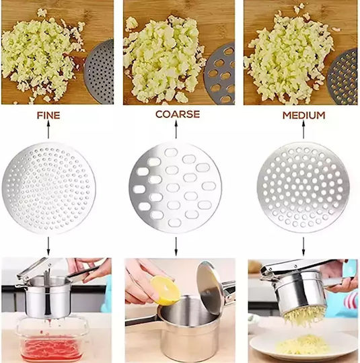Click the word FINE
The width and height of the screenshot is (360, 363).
tap(48, 116)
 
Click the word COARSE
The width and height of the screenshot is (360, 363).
tap(178, 114)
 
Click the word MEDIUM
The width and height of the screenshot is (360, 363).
tap(303, 116)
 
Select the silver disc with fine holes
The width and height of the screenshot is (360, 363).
tap(49, 188)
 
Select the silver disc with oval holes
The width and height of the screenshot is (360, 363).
tap(175, 188)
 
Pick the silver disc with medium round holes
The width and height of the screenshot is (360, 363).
tap(303, 188)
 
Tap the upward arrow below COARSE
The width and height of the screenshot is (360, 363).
tap(176, 130)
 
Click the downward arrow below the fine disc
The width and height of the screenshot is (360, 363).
tap(48, 245)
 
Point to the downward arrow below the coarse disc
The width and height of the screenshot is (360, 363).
tap(176, 247)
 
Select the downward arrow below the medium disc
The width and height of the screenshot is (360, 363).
tap(303, 247)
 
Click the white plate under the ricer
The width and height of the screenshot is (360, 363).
tap(303, 348)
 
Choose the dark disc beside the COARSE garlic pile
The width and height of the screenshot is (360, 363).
tap(219, 73)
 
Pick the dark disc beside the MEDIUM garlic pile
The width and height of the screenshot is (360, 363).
tap(343, 77)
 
